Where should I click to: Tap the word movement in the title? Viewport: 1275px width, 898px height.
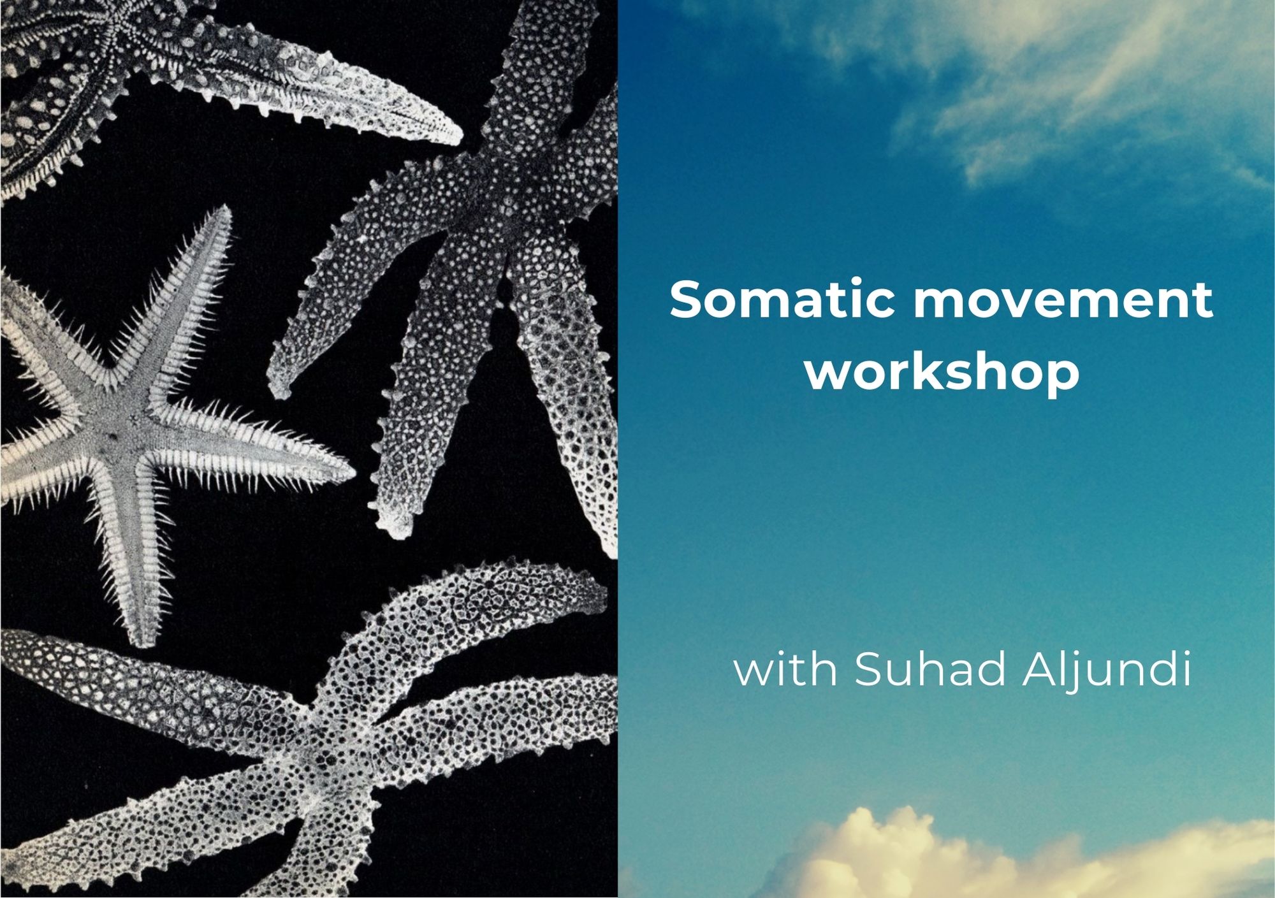[1063, 300]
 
